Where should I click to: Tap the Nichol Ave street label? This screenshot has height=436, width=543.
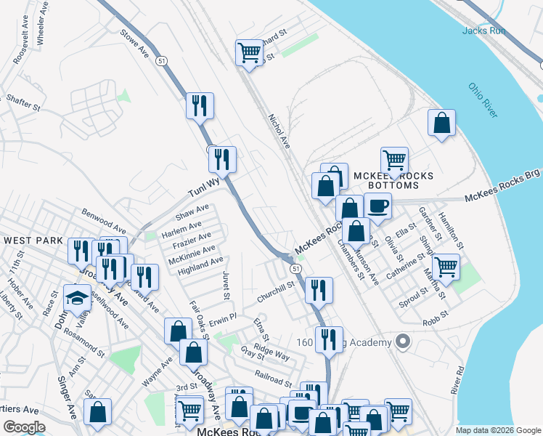click(279, 131)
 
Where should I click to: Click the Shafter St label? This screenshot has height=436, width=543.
click(23, 101)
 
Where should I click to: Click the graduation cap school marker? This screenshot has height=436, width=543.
click(76, 297)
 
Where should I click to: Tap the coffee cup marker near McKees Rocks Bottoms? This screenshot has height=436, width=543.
click(377, 206)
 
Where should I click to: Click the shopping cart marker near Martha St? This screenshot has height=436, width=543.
click(445, 266)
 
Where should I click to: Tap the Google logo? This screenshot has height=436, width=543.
click(24, 427)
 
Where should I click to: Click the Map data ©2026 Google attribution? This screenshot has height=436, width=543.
click(497, 430)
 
